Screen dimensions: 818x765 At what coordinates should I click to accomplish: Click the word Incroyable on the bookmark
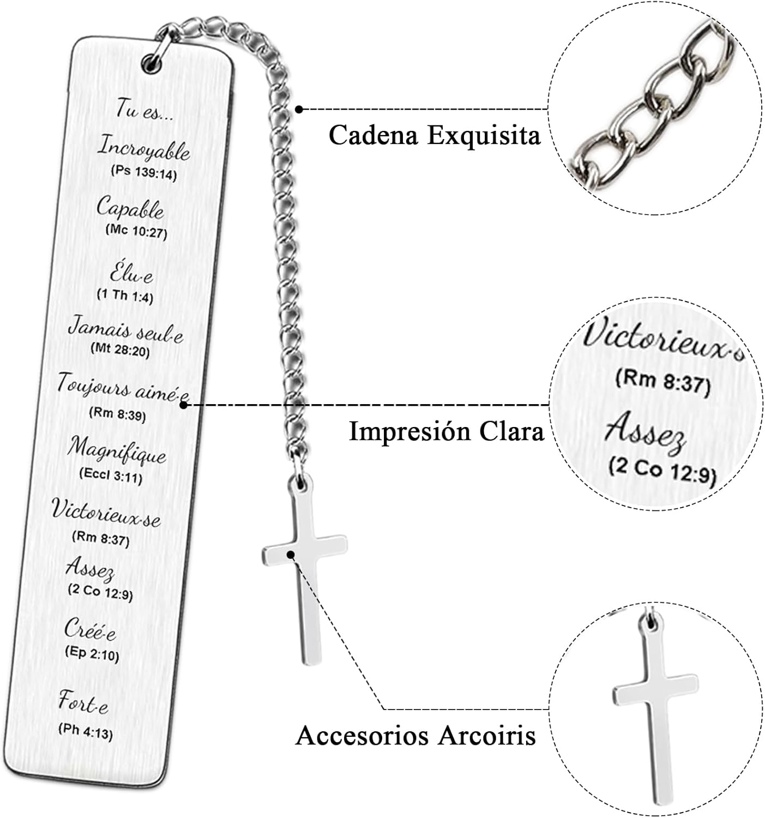point(143,148)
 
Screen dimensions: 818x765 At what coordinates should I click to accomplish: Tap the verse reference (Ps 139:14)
point(144,173)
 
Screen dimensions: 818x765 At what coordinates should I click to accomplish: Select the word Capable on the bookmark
point(130,208)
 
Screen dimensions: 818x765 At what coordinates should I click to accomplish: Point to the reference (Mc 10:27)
point(136,232)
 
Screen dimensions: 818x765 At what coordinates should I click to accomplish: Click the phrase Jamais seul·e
point(125,330)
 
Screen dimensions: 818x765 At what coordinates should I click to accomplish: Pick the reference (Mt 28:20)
point(120,350)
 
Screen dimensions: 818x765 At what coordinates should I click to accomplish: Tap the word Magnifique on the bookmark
point(117,451)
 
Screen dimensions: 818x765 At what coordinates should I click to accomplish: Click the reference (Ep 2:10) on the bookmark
point(92,653)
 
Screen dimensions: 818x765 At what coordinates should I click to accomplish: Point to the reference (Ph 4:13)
point(86,731)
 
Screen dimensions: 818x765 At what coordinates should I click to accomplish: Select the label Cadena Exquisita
point(435,135)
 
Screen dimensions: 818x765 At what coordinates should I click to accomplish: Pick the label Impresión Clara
point(446,431)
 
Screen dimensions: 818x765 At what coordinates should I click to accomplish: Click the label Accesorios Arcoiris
point(415,736)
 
